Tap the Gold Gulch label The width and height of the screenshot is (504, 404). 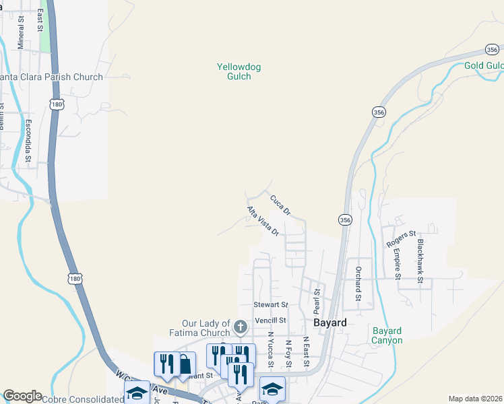coord(484,65)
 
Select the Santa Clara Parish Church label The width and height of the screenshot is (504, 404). coord(51,77)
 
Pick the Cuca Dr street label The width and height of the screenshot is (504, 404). coord(280,205)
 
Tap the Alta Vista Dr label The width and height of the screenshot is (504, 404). coord(263,222)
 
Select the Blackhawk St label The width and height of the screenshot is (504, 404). coord(420,261)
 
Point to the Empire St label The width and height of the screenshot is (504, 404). coord(397,264)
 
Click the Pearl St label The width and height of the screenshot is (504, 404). coord(316,301)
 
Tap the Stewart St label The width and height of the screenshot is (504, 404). coord(270,305)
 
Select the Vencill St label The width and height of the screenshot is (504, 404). coord(270,321)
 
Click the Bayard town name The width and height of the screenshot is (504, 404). coord(330,323)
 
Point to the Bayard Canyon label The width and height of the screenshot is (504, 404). coord(387,335)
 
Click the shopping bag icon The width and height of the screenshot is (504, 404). coord(184,364)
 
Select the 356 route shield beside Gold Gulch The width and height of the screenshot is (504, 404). coord(492,48)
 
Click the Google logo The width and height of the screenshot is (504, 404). coord(22,396)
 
